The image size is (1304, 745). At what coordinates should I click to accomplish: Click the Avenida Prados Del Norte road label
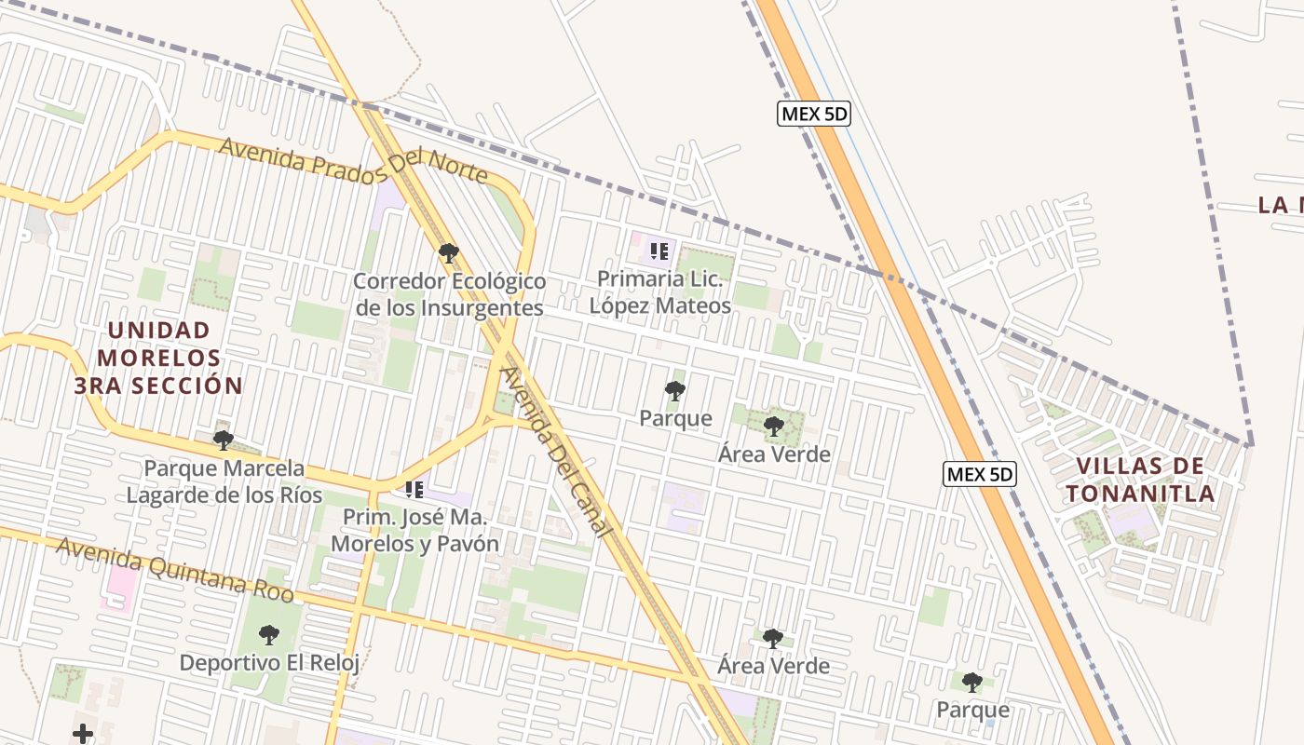click(353, 160)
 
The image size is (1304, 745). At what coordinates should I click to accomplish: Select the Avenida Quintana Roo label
click(175, 570)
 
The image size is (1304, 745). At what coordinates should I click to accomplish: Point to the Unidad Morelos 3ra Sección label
click(159, 358)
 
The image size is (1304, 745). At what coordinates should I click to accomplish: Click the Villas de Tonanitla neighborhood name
click(1141, 480)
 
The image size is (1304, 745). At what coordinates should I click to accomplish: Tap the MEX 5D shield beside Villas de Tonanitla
click(980, 474)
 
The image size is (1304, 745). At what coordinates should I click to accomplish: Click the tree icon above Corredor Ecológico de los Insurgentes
click(448, 253)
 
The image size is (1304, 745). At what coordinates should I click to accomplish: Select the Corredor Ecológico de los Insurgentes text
click(448, 294)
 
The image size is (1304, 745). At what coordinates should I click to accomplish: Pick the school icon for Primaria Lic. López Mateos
click(659, 251)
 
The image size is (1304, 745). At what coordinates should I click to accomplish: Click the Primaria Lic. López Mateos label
click(660, 291)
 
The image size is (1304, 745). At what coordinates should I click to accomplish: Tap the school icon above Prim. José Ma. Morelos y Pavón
click(414, 489)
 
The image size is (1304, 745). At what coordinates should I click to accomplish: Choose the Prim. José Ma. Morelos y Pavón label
click(414, 530)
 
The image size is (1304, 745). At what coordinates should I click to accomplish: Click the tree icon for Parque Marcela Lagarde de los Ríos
click(223, 440)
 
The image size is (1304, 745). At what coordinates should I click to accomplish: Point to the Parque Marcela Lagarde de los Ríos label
click(224, 481)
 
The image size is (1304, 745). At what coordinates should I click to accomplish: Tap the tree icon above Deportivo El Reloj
click(269, 635)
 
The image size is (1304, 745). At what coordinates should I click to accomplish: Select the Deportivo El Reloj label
click(269, 663)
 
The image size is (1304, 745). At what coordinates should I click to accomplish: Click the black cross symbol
click(83, 734)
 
